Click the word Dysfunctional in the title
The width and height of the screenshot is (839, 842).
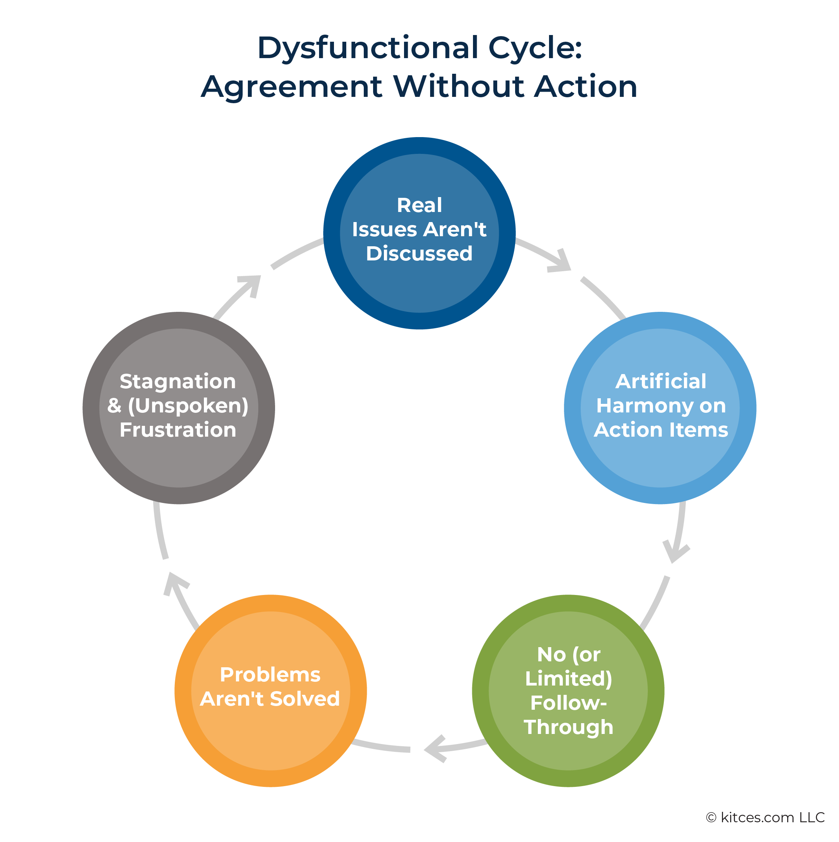[x=368, y=48]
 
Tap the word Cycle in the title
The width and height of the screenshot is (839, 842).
[x=535, y=48]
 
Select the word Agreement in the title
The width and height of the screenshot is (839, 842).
[x=292, y=87]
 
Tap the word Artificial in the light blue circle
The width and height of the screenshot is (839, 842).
[x=660, y=382]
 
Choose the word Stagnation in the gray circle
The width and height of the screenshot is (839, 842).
[x=178, y=382]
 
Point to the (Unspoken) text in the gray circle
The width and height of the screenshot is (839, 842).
[x=188, y=406]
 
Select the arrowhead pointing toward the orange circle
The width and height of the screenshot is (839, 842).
[x=436, y=749]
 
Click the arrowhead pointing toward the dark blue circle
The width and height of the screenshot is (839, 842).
[x=251, y=286]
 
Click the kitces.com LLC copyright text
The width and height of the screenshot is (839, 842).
[x=765, y=817]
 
